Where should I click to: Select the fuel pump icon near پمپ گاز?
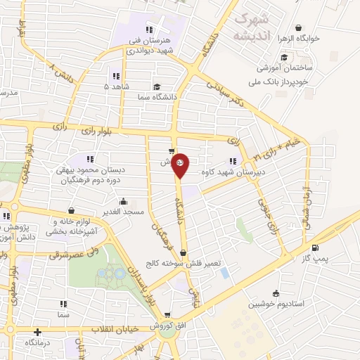(x=314, y=247)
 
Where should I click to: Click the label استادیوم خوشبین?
(x=275, y=305)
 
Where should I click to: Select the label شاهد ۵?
(x=116, y=86)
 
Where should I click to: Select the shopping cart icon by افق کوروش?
(x=167, y=315)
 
